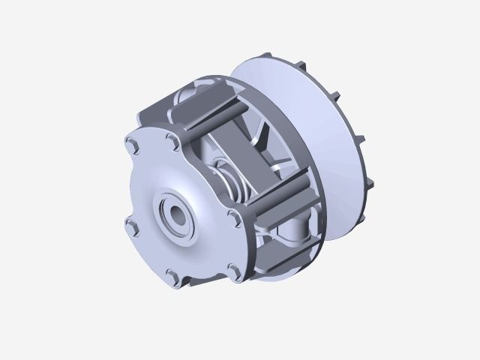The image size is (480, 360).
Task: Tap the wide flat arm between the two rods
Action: coord(247,154)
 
